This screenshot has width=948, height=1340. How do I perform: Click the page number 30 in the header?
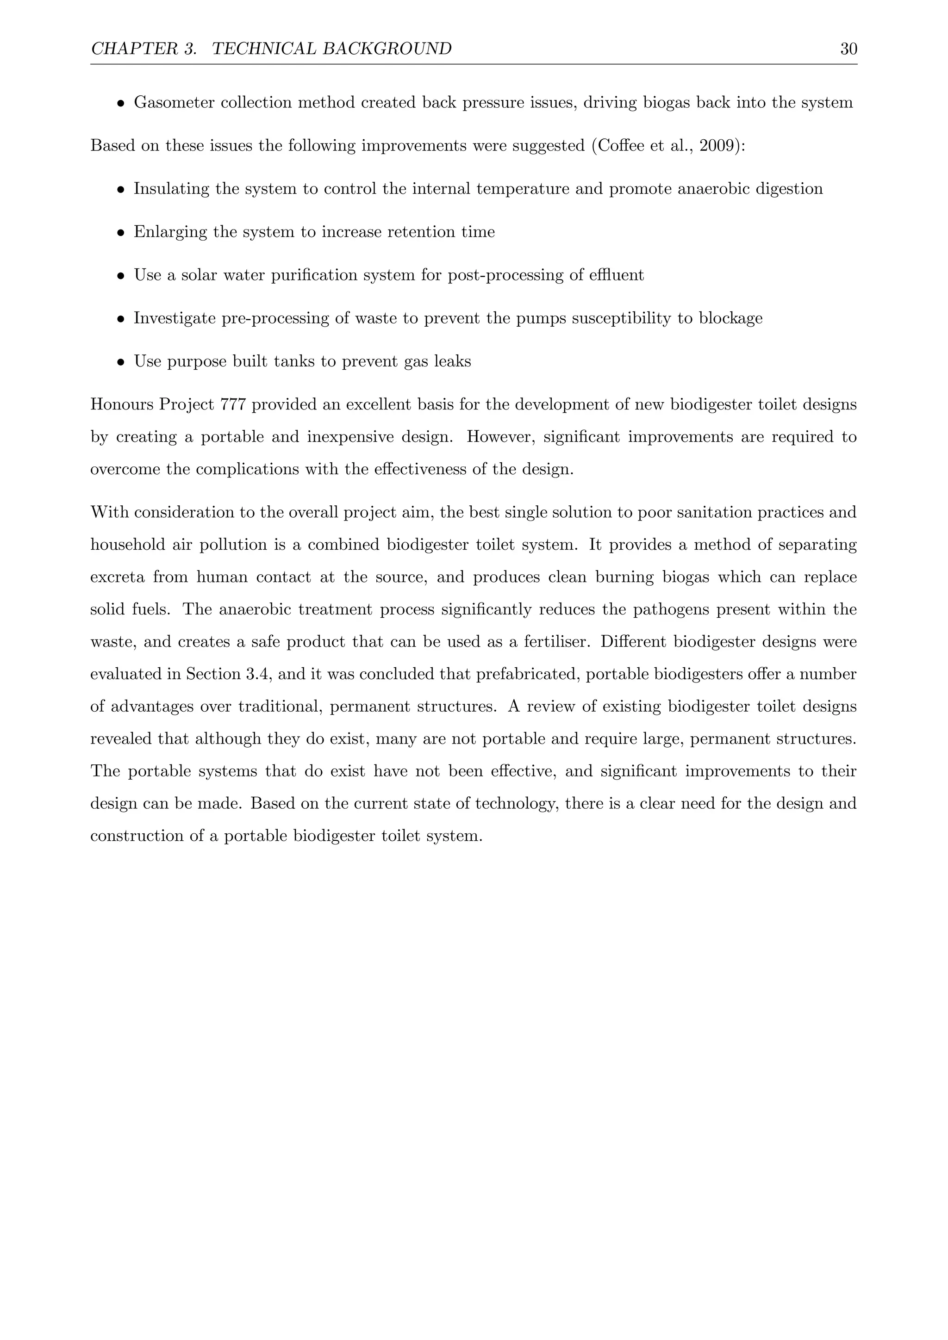point(848,49)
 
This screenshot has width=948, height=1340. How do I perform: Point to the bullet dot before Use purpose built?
point(120,362)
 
